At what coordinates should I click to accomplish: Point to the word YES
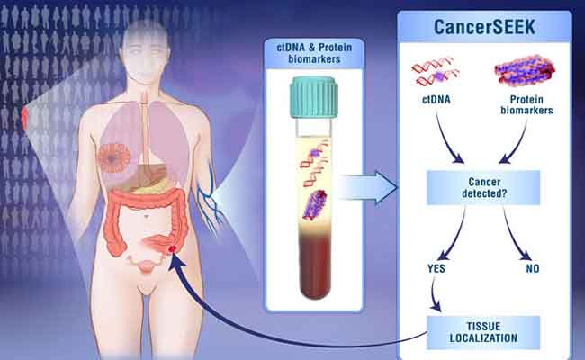437,267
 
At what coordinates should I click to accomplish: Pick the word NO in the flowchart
531,267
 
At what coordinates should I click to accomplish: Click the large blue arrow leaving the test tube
371,190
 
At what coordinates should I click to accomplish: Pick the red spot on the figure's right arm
25,117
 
